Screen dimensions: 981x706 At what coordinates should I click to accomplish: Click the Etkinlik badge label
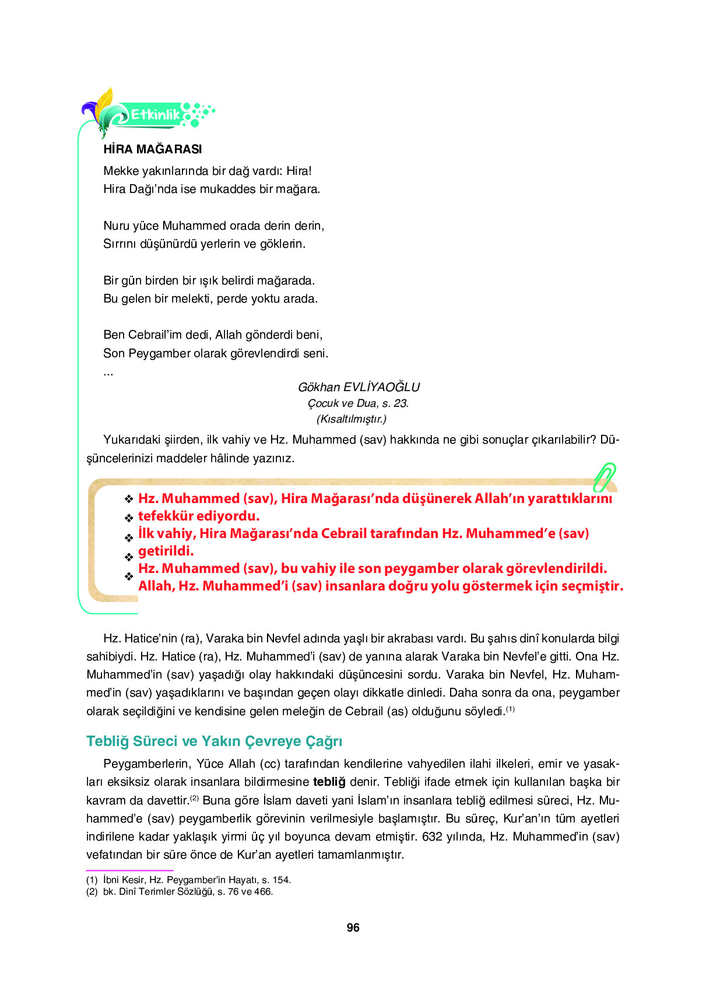tap(155, 115)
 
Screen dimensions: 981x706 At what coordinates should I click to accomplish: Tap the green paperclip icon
tap(605, 477)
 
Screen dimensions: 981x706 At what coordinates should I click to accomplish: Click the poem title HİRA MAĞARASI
tap(152, 149)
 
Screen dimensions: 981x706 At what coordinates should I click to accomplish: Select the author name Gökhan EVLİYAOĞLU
tap(359, 387)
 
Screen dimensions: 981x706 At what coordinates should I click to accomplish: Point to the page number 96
tap(353, 927)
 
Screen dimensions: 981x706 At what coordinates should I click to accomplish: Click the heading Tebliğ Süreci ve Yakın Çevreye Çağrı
tap(214, 741)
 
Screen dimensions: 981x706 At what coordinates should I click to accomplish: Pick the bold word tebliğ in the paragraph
tap(329, 782)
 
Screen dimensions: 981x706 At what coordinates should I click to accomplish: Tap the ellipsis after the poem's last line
tap(108, 372)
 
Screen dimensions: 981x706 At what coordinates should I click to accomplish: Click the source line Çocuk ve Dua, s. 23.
tap(358, 403)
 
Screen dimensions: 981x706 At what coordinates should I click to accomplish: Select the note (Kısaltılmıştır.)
tap(351, 419)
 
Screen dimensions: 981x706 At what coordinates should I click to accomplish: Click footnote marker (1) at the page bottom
tap(92, 880)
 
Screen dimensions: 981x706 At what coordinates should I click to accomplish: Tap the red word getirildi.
tap(166, 551)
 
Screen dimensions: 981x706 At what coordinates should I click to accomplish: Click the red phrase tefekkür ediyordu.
tap(198, 516)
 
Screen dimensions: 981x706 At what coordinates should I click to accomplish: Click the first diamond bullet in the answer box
tap(129, 499)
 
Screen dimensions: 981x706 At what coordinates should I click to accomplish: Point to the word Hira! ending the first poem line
tap(298, 171)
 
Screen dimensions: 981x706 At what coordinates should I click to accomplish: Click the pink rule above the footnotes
tap(129, 870)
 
